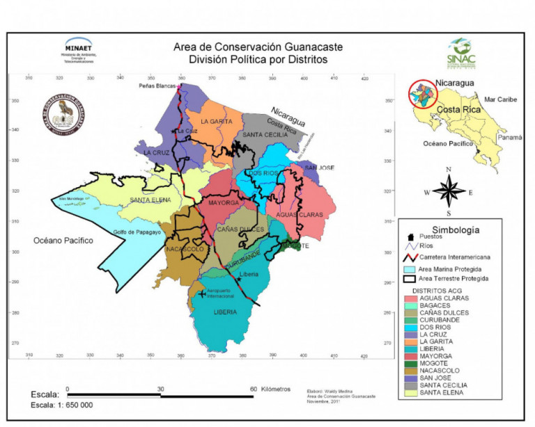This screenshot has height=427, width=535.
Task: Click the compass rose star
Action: (x=449, y=190)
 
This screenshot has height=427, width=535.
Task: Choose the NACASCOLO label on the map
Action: (x=183, y=248)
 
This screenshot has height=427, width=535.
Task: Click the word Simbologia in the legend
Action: (x=456, y=229)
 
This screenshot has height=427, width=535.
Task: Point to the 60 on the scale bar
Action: (x=254, y=389)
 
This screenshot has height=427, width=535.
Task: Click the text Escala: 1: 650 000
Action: (x=63, y=405)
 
